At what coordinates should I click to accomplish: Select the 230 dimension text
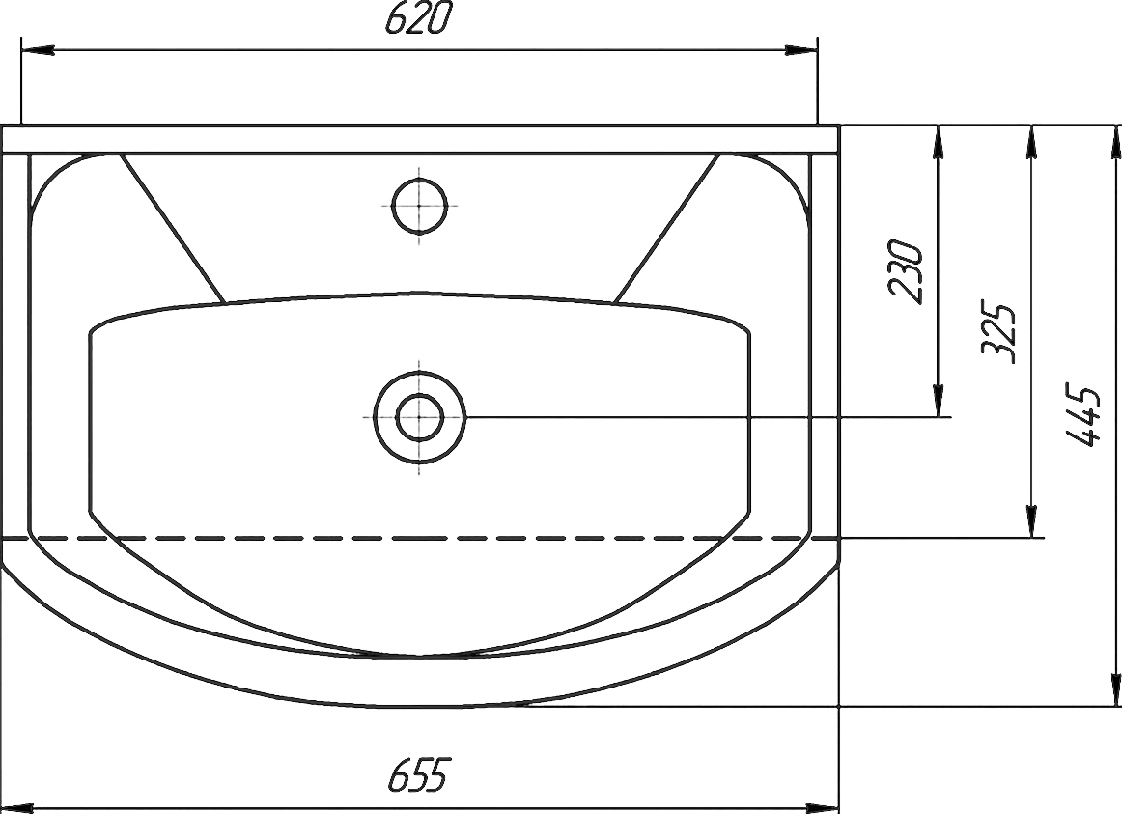[905, 271]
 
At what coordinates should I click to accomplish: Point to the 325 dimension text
[997, 333]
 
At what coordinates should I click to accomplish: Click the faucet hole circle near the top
[419, 207]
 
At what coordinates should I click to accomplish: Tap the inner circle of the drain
[420, 417]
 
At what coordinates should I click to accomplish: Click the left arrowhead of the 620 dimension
[39, 51]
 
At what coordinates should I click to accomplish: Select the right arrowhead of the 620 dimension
[800, 51]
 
